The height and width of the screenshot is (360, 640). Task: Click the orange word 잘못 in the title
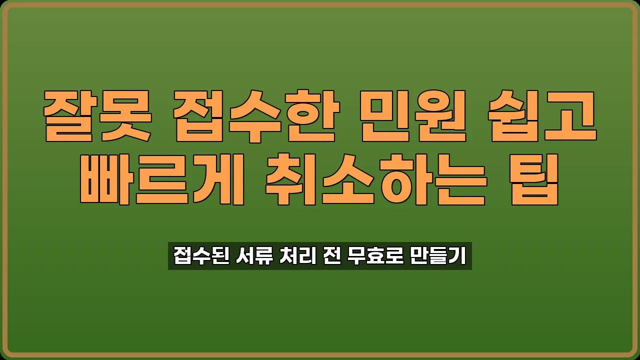(97, 115)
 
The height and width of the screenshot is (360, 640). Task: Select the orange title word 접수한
(256, 115)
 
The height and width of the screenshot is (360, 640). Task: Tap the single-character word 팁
(534, 179)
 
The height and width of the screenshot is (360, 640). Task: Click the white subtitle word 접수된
(201, 256)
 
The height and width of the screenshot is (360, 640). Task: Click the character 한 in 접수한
(313, 115)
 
